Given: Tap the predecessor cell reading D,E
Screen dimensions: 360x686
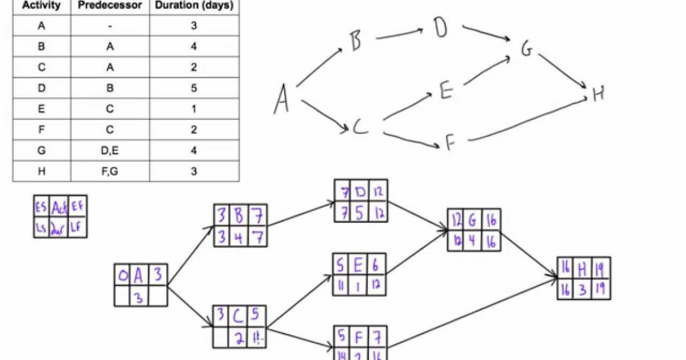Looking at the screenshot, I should [110, 150].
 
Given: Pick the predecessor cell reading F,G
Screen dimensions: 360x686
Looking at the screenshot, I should [110, 171].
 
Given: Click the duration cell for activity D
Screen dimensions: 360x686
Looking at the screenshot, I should [194, 88].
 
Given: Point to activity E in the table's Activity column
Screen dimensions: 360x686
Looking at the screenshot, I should [41, 109].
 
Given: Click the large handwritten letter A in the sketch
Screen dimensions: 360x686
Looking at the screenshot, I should [281, 99].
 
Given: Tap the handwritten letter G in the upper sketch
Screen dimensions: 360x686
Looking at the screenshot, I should [526, 50].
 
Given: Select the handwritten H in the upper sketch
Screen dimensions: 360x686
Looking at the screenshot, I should [598, 94].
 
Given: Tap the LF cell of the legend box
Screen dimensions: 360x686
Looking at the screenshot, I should [77, 227].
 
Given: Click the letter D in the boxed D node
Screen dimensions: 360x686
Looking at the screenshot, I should [360, 190].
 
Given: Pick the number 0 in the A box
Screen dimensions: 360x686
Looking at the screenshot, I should [122, 276].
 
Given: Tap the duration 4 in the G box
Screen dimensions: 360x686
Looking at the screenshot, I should [473, 239].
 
